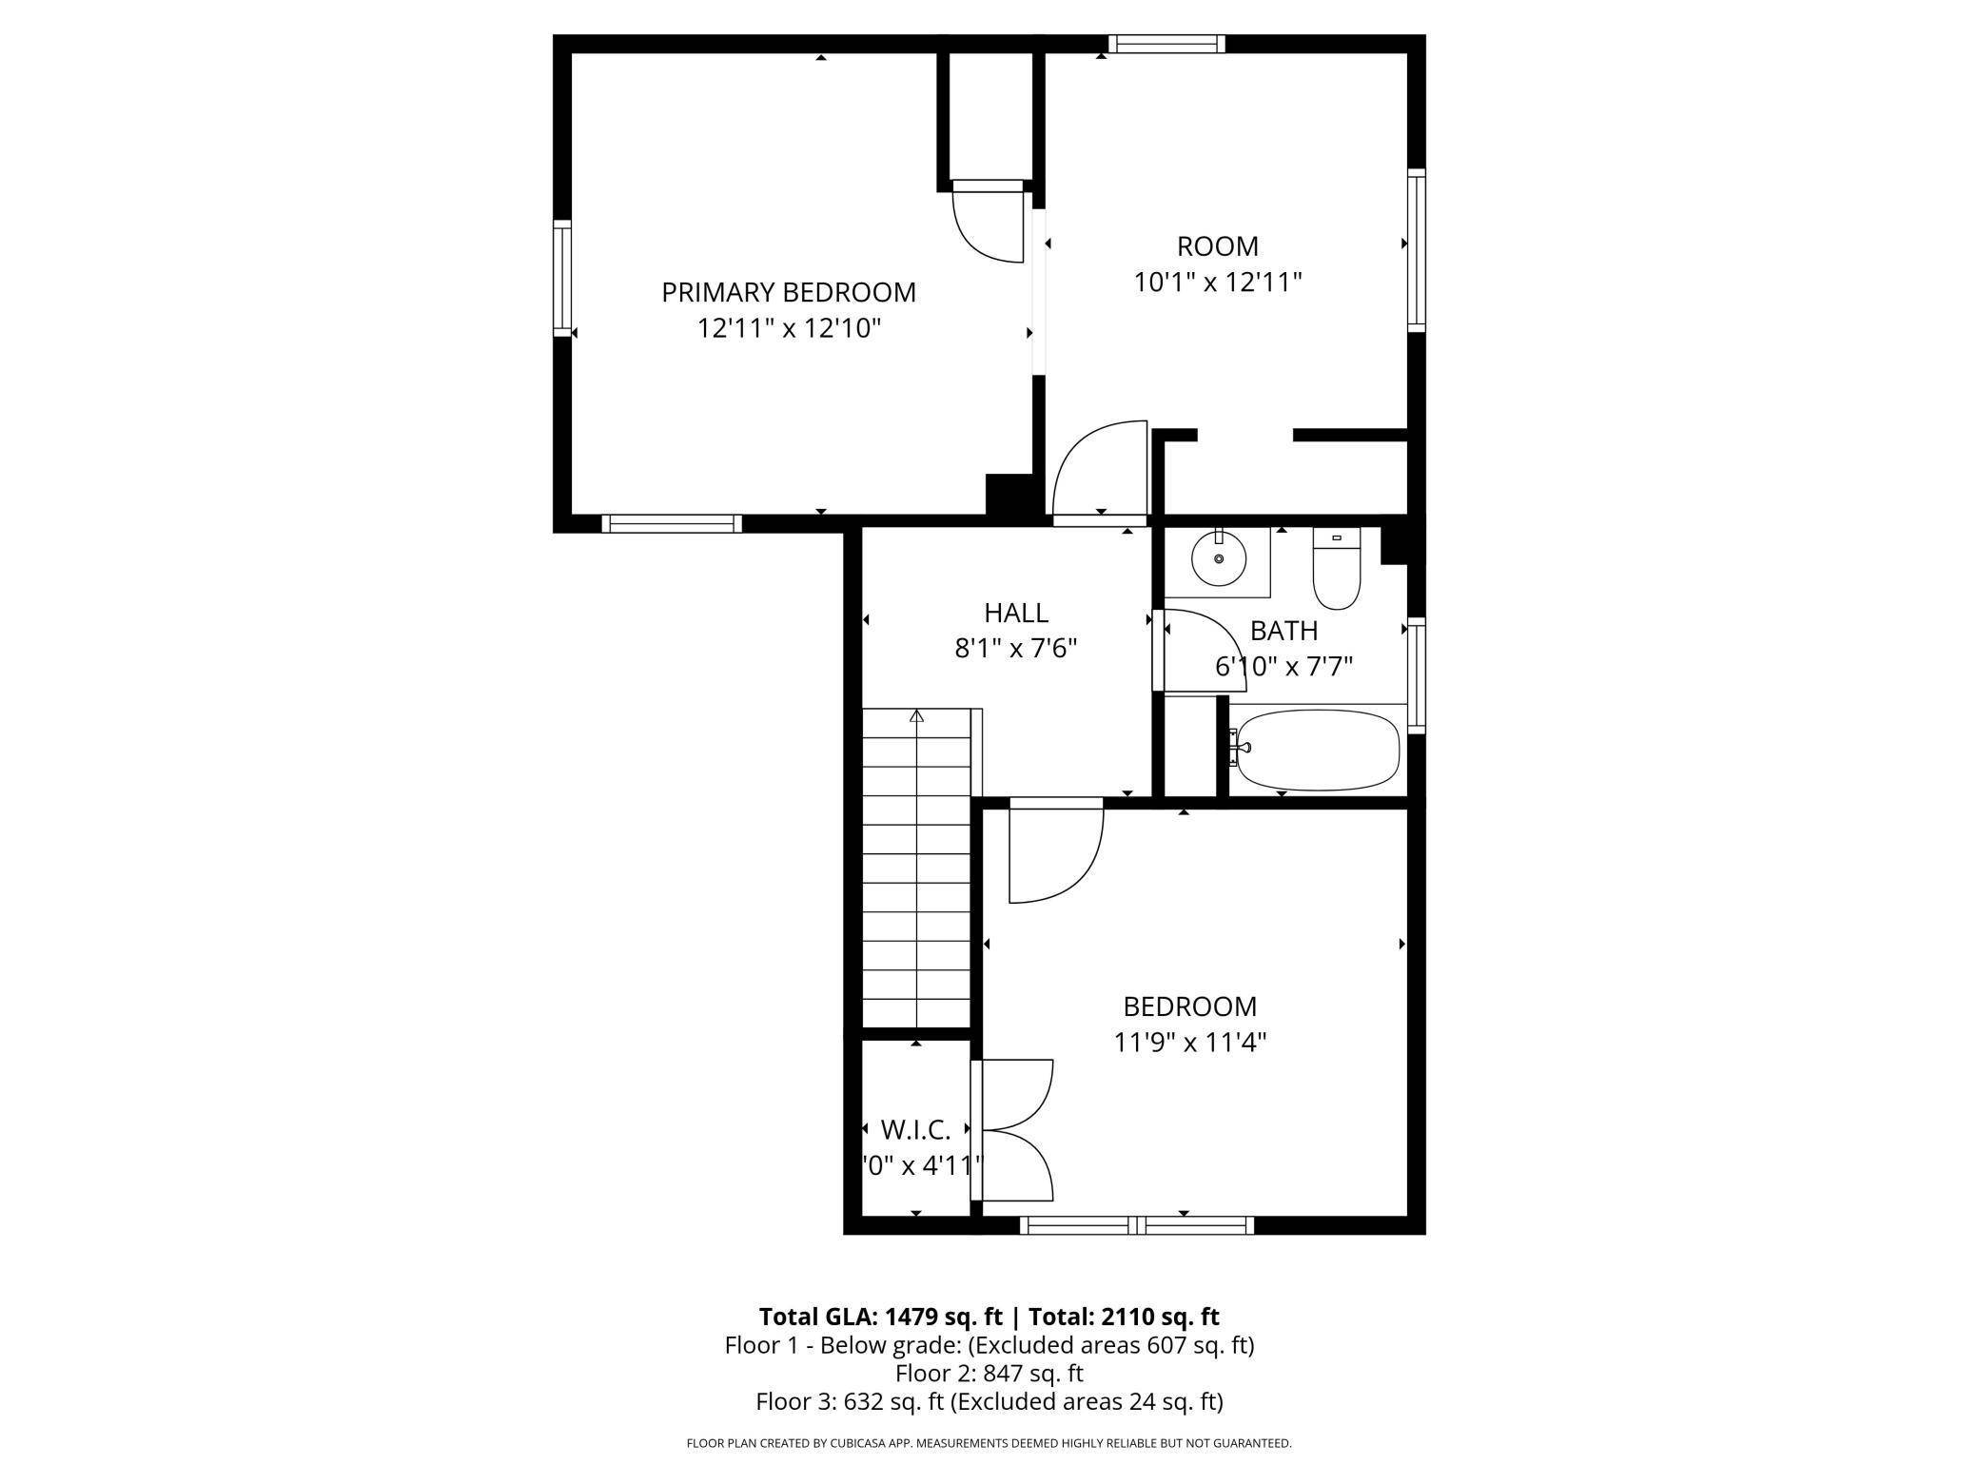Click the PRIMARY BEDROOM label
point(789,292)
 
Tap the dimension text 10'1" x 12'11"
point(1217,283)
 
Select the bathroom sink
point(1218,560)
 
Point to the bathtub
point(1317,750)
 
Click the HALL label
point(1016,613)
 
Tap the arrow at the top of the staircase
point(916,716)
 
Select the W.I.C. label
point(915,1130)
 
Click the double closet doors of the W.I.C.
point(1014,1130)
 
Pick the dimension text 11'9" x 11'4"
point(1189,1043)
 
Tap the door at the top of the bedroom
point(1055,851)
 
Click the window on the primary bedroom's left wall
point(562,279)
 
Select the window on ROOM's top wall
point(1166,43)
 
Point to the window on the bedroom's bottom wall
point(1137,1226)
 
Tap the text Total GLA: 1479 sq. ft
point(880,1317)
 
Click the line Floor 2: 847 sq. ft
point(989,1373)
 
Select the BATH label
point(1283,631)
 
